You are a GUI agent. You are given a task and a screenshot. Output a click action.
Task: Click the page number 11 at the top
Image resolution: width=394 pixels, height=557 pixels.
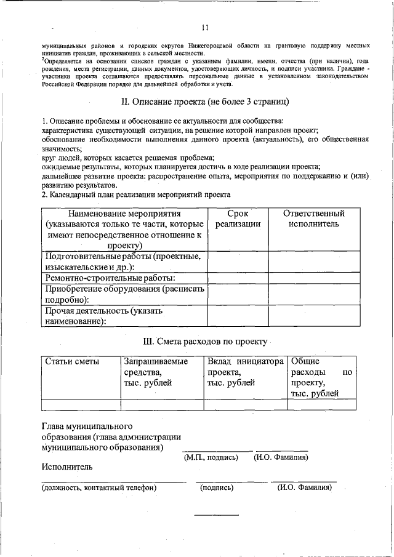[x=205, y=27]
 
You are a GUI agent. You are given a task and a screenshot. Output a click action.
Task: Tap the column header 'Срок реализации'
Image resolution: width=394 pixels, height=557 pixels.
[x=237, y=219]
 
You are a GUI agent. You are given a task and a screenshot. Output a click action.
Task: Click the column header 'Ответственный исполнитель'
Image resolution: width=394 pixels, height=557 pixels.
[x=313, y=219]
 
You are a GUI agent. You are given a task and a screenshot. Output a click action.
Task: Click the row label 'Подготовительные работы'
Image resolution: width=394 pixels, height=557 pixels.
[x=124, y=262]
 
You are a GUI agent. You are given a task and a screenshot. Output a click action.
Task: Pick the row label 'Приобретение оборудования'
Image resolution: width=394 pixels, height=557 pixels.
[x=124, y=294]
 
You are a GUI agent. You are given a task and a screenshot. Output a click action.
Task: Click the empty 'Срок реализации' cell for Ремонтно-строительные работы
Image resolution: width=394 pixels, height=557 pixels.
[x=237, y=278]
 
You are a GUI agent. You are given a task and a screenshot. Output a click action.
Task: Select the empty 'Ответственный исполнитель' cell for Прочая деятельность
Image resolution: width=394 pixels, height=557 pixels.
[x=313, y=316]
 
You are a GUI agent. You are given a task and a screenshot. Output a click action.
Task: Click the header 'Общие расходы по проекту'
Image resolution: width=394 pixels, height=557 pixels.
[x=321, y=377]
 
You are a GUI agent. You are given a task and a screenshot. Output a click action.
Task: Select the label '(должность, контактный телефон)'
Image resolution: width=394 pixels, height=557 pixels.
[x=99, y=487]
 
